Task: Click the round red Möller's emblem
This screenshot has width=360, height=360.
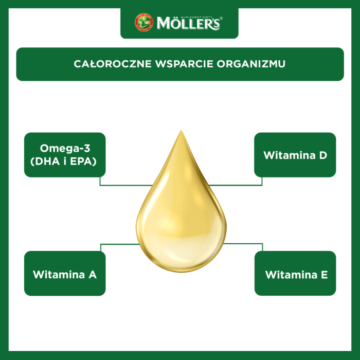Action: [x=144, y=22]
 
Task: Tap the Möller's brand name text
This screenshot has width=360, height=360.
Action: [x=188, y=24]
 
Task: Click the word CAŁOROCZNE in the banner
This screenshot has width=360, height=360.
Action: [x=113, y=64]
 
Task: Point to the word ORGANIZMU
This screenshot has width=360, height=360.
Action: [x=251, y=64]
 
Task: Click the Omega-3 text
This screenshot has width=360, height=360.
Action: [x=65, y=148]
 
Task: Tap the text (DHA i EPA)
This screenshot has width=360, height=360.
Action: [x=63, y=161]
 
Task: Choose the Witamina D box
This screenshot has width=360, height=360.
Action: [x=295, y=155]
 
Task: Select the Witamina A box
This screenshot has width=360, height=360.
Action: [x=65, y=273]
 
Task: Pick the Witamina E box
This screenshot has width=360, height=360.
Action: [x=295, y=273]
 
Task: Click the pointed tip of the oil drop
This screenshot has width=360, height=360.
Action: [x=182, y=131]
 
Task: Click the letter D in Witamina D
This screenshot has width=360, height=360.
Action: [x=323, y=155]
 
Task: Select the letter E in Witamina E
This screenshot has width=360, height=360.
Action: [x=325, y=275]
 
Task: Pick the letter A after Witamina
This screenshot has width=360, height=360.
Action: [x=93, y=275]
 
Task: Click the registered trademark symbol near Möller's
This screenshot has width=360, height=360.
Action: [x=221, y=18]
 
